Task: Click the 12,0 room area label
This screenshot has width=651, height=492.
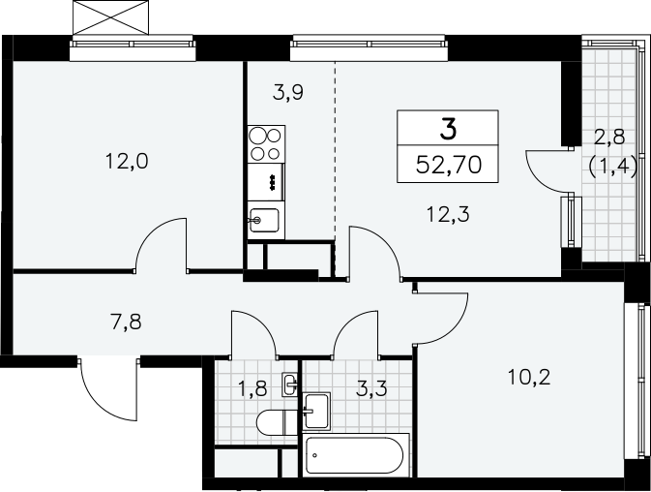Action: point(127,161)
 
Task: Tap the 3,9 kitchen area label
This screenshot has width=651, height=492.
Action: point(288,92)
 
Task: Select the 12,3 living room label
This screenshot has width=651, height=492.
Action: point(448,214)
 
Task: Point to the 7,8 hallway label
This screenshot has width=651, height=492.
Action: point(126,323)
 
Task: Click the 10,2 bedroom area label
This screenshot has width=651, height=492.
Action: point(529,378)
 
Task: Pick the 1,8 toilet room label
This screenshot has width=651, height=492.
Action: point(252,389)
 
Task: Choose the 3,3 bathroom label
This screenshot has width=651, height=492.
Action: point(371,389)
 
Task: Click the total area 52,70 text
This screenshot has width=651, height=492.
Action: point(449,165)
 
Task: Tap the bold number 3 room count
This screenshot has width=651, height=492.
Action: point(449,129)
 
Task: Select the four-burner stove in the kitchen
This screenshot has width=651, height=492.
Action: point(266,144)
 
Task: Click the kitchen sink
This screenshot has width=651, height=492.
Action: point(264,220)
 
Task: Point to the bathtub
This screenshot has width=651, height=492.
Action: point(354,455)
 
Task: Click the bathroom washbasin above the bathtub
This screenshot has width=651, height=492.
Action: point(316,411)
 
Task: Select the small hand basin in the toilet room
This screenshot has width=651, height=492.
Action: point(290,384)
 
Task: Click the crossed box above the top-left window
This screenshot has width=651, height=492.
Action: point(110,17)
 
